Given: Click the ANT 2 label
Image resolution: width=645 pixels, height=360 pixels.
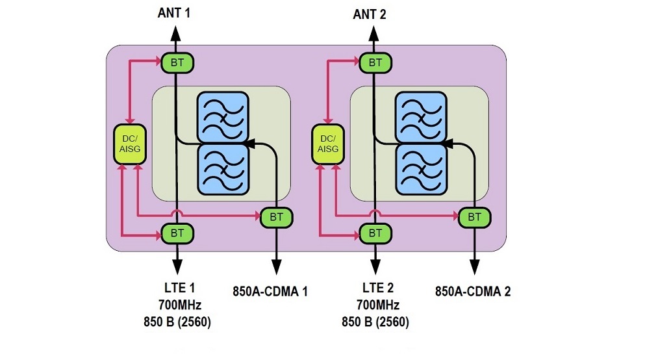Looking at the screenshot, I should tap(370, 14).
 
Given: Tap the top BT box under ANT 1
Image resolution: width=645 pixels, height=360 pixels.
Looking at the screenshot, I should tap(177, 62).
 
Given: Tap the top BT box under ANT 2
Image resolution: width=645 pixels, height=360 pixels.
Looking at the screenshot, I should tap(375, 62).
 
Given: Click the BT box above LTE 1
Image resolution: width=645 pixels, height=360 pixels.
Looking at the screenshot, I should tap(177, 232).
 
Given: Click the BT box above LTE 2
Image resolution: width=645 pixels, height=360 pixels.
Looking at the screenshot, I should tap(375, 232).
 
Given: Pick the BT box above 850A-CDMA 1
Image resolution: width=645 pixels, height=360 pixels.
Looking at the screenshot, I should tap(277, 217).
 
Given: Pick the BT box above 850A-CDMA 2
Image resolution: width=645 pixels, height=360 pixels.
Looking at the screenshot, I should tap(475, 217).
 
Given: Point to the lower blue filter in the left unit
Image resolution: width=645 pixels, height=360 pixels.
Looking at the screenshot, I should tap(223, 168).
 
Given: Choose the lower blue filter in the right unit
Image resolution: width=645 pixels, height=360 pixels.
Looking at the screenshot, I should tap(422, 168).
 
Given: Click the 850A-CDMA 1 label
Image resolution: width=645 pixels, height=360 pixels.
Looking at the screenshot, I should tap(270, 290).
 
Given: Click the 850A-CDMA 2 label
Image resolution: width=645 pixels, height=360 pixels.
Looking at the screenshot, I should tap(472, 290).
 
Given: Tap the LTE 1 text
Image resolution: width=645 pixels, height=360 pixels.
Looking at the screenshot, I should tap(177, 287).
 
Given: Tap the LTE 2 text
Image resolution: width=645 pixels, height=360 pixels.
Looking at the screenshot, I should tap(375, 287).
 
